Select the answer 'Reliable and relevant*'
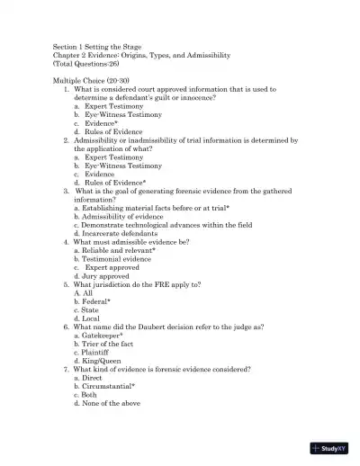point(119,250)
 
